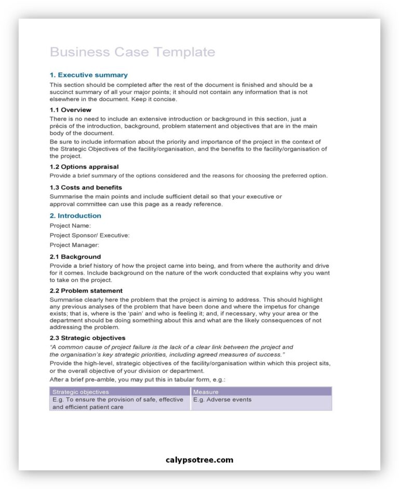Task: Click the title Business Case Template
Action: (132, 52)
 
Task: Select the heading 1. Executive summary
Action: (88, 75)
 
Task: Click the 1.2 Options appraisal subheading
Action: (84, 167)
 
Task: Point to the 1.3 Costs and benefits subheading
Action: (86, 187)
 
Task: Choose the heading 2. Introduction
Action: (75, 216)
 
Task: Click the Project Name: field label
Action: (70, 226)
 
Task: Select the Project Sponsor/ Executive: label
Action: (89, 235)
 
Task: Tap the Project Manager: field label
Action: (74, 245)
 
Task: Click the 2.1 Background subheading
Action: (75, 256)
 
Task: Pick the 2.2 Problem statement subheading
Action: (86, 291)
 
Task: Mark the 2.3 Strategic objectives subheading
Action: (87, 338)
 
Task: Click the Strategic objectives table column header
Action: (81, 392)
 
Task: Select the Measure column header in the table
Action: (206, 392)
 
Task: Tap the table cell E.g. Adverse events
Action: (222, 400)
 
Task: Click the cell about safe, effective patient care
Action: (118, 403)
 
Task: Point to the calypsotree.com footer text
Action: (199, 460)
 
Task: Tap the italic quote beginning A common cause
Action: (171, 350)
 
